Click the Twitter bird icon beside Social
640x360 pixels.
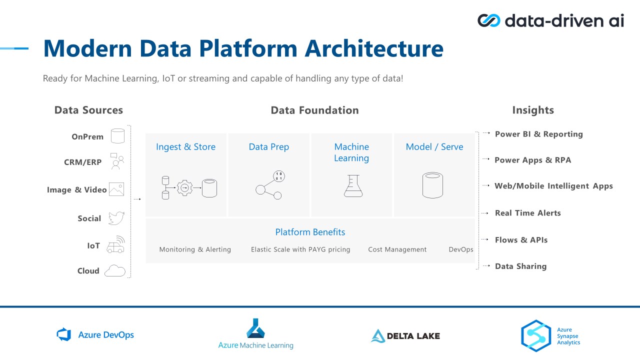click(x=116, y=218)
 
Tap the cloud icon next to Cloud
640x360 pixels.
click(x=115, y=270)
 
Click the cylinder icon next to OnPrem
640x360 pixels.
click(x=117, y=135)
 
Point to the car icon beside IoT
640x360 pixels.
click(x=115, y=244)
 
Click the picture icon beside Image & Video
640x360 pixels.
click(x=116, y=189)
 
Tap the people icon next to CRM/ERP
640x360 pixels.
click(x=117, y=161)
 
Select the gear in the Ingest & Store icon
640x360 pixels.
click(x=184, y=187)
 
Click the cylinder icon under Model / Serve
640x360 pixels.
click(x=432, y=185)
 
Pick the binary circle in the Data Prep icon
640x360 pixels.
click(x=279, y=176)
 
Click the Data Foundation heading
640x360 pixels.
click(x=314, y=110)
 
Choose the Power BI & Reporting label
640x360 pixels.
click(x=539, y=134)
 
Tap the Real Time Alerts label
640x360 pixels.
click(x=527, y=213)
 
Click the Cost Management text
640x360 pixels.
click(x=397, y=249)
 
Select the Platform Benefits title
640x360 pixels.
click(x=310, y=232)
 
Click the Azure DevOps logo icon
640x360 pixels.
click(x=63, y=334)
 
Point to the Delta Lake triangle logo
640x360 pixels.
click(x=377, y=336)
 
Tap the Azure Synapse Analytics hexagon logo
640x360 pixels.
click(x=536, y=335)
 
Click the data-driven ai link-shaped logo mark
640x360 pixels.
click(x=489, y=20)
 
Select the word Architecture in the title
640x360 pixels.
click(x=374, y=48)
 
